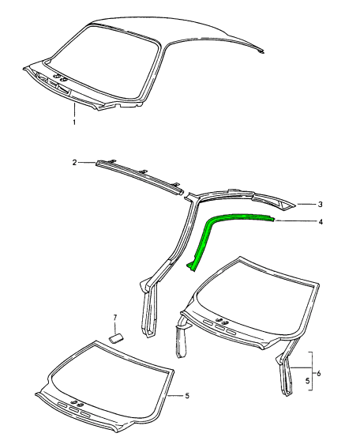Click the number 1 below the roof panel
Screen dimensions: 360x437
(x=74, y=122)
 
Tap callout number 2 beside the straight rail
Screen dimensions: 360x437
(x=74, y=163)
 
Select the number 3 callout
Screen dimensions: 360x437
(x=321, y=205)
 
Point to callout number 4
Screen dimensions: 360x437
(x=321, y=222)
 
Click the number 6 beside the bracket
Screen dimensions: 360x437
(x=319, y=373)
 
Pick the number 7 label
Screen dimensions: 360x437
(x=115, y=318)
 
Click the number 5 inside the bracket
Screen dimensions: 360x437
(x=308, y=381)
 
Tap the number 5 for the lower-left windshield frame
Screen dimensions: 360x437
(x=187, y=395)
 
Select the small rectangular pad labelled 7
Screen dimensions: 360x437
(x=116, y=338)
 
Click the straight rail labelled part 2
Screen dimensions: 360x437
(x=139, y=176)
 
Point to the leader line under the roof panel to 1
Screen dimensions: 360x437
(x=74, y=110)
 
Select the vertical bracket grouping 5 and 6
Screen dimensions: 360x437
(x=311, y=371)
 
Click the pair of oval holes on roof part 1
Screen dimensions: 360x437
(x=61, y=77)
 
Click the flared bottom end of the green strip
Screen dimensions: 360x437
(x=192, y=267)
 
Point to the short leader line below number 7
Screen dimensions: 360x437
(x=115, y=327)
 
